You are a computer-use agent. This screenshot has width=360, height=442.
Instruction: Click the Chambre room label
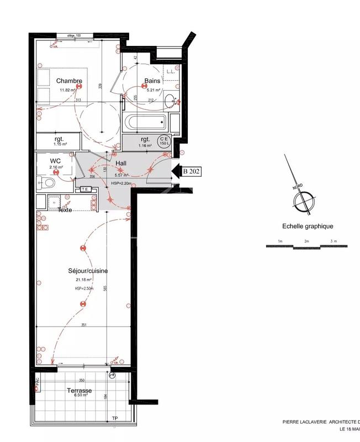coord(69,81)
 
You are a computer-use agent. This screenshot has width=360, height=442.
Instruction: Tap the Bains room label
coord(152,81)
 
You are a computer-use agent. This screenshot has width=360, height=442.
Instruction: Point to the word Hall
coord(121,164)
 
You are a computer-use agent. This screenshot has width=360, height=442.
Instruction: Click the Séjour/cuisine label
coord(88,271)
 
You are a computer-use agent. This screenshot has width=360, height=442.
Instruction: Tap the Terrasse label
coord(80,390)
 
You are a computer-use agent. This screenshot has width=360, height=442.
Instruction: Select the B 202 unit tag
coord(191,171)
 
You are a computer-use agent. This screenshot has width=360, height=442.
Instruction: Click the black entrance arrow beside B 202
coord(176,171)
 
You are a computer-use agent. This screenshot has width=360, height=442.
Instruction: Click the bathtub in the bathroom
coord(146,122)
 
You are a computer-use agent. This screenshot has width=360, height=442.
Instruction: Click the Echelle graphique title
coord(300,226)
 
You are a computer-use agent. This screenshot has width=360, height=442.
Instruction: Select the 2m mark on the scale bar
coord(306,241)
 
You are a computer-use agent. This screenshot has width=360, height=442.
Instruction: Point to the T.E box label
coord(85,190)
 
